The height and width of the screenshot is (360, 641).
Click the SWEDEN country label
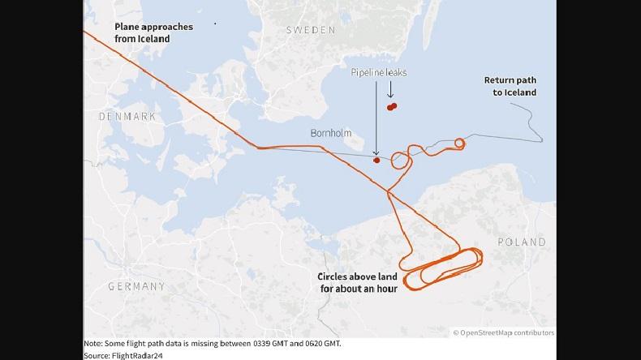tap(310, 30)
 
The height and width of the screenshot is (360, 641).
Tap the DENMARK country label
tap(127, 117)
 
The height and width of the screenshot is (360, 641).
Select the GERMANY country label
tap(136, 286)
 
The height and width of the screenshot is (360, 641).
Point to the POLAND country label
tap(521, 242)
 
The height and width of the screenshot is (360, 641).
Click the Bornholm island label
tap(331, 132)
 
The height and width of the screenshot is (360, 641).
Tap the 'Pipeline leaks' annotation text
tap(379, 73)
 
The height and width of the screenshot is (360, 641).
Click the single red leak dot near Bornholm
tap(376, 160)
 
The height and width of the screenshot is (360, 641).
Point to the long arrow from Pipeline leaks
tap(376, 118)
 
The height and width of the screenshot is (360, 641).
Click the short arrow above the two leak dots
tap(391, 92)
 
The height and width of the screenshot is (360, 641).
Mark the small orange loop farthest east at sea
tap(460, 144)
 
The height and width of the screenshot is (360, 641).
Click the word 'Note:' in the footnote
tap(93, 343)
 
